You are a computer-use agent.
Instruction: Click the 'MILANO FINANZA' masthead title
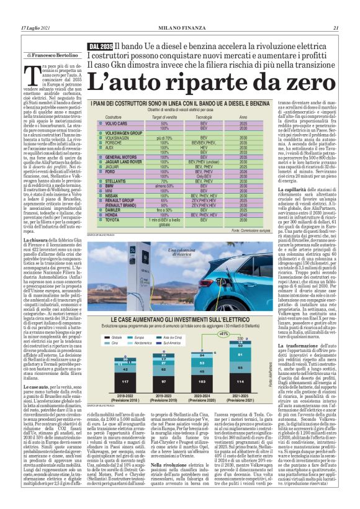179,28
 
